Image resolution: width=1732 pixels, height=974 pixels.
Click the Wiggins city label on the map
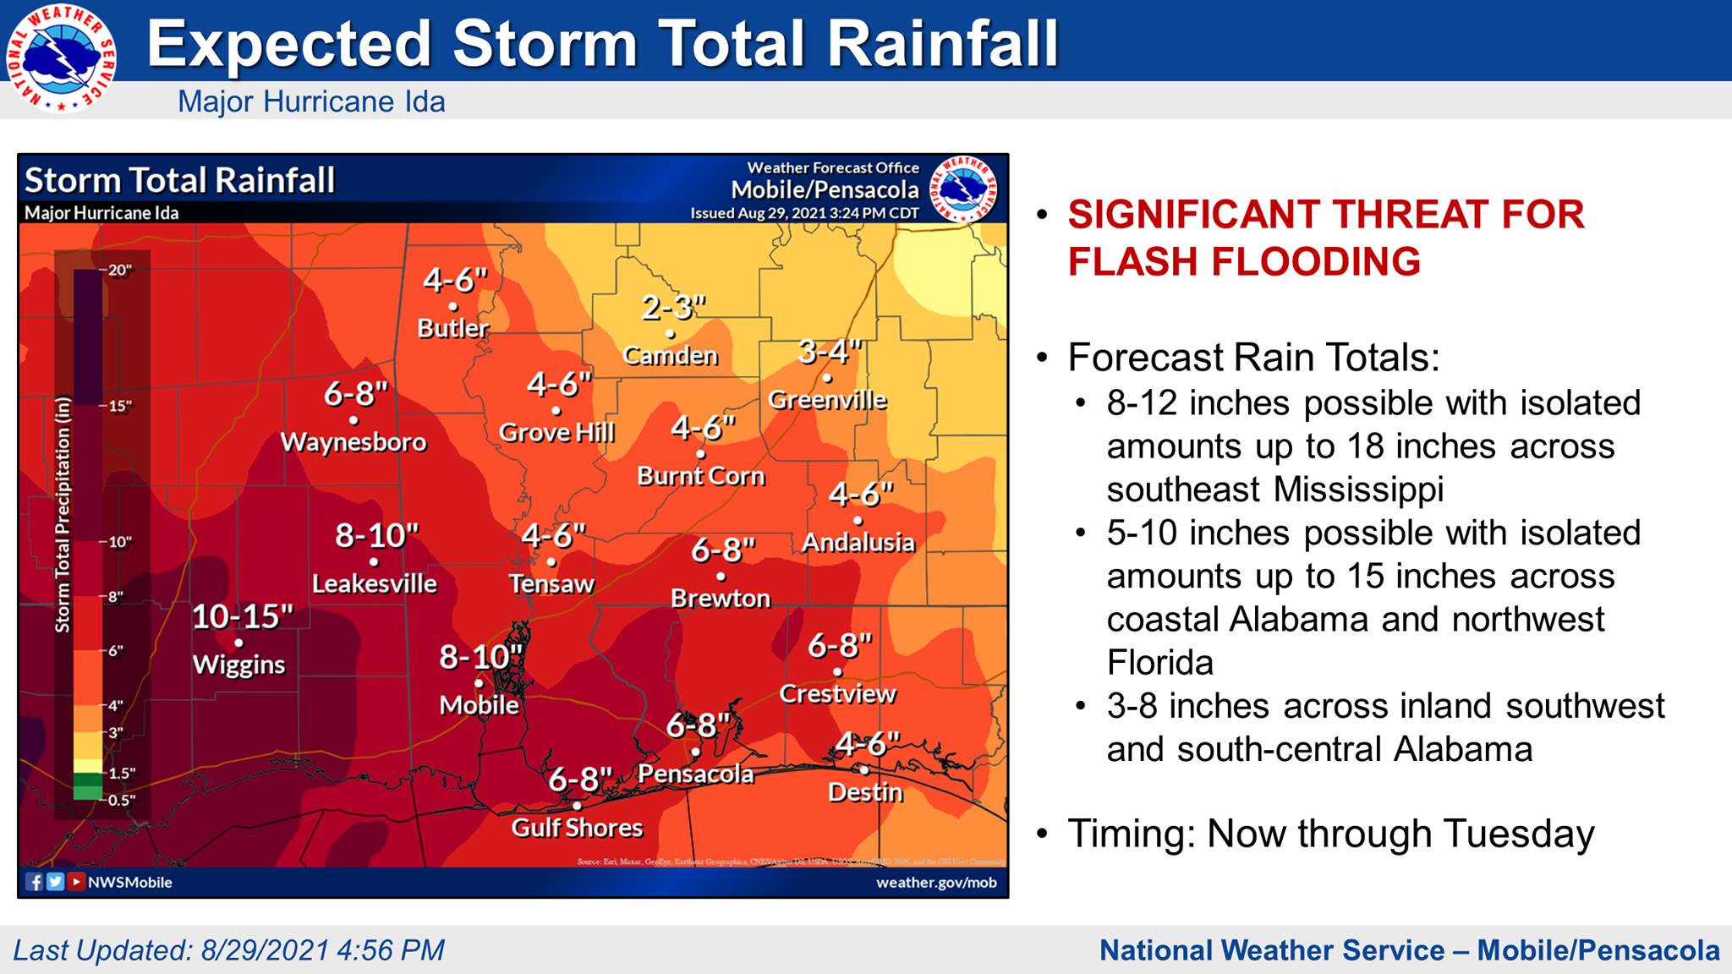point(239,665)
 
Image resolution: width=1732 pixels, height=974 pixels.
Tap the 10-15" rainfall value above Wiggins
point(243,616)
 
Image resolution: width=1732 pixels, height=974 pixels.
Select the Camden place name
point(670,356)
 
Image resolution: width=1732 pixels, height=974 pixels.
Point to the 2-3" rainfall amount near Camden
point(673,308)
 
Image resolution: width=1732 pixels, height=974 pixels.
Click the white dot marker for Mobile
point(479,683)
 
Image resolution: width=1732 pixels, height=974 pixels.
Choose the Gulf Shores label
point(577,828)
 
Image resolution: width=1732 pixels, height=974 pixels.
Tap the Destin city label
point(865,792)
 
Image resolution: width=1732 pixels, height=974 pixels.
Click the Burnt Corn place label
point(700,476)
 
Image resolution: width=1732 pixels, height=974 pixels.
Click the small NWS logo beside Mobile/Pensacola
point(963,189)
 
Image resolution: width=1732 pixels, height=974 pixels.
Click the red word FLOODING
point(1244,261)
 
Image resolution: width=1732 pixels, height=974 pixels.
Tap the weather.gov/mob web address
point(936,883)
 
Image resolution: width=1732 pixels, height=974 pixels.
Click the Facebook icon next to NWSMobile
point(35,882)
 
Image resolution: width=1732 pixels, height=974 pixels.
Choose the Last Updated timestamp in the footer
point(228,950)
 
